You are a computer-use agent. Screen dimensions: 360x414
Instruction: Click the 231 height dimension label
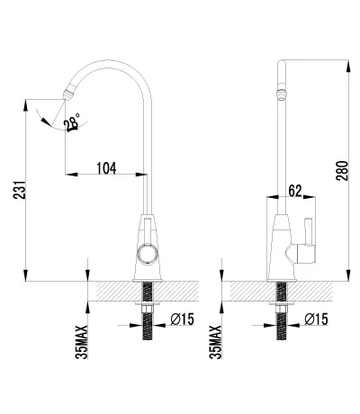[18, 190]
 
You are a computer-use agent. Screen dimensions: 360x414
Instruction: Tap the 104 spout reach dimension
[106, 168]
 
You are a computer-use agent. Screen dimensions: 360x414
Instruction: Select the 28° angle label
[72, 122]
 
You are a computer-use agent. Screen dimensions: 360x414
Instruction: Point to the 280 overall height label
[342, 171]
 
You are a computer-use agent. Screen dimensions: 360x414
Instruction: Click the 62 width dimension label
[295, 191]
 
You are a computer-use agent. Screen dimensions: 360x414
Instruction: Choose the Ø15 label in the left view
[183, 319]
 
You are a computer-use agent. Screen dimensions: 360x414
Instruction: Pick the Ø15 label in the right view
[316, 319]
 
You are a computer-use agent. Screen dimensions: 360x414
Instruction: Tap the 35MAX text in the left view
[82, 342]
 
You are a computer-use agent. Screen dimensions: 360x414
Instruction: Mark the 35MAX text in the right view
[216, 342]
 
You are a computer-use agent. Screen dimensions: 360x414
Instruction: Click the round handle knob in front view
[148, 254]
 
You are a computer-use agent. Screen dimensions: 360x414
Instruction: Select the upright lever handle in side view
[309, 231]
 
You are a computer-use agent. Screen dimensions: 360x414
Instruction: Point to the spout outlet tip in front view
[67, 94]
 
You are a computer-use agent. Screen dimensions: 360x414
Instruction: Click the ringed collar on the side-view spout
[281, 92]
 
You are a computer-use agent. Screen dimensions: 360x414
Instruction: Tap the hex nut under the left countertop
[148, 309]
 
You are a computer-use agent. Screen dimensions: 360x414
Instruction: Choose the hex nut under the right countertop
[281, 309]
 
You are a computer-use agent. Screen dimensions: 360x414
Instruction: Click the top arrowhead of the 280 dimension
[348, 66]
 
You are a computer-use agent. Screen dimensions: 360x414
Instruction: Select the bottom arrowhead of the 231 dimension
[25, 275]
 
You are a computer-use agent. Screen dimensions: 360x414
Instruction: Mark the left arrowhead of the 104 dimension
[71, 174]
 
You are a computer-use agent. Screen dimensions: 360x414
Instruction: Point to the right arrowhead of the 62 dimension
[310, 197]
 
